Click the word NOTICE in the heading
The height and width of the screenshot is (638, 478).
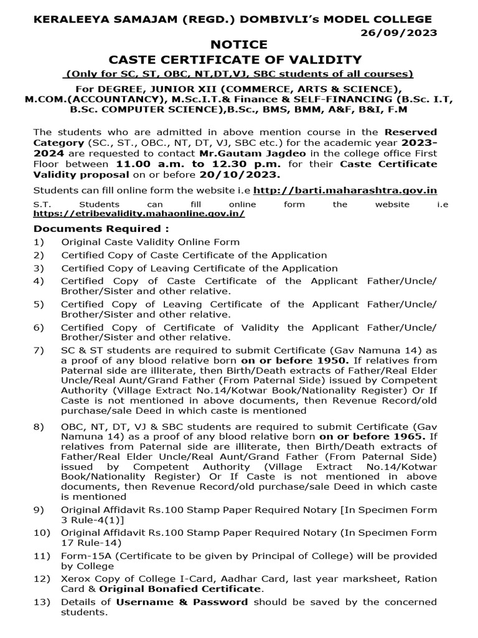tap(239, 45)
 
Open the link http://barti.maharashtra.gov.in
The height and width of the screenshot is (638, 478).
tap(354, 189)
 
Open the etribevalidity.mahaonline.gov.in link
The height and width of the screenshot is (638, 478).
tap(139, 213)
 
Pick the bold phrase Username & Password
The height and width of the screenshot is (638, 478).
tap(182, 602)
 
